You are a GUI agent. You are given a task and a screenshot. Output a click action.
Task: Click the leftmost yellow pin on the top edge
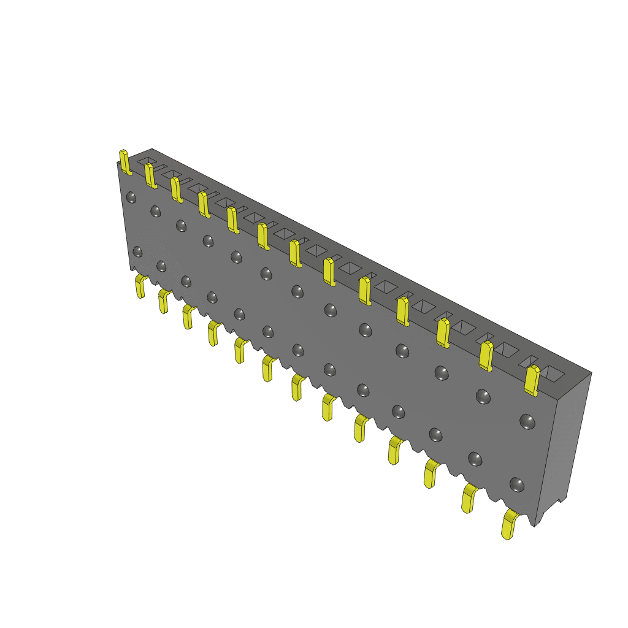[124, 162]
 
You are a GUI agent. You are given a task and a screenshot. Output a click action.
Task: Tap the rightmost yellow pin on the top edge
[532, 381]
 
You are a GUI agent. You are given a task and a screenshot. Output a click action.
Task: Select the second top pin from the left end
[150, 175]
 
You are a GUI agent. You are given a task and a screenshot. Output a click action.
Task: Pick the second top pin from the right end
[486, 356]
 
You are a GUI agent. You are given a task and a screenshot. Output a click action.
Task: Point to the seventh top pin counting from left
[295, 253]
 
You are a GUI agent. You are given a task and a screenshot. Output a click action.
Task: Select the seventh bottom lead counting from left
[297, 388]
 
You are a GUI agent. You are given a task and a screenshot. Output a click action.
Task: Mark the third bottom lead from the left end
[188, 317]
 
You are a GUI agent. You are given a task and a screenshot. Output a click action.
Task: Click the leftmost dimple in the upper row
[131, 197]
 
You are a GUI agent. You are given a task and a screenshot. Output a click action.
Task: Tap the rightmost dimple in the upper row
[527, 421]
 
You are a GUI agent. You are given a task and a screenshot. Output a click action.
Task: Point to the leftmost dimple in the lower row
[137, 251]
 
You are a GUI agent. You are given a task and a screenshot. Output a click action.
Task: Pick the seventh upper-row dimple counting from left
[297, 291]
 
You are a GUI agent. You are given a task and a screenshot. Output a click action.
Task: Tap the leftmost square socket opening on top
[147, 160]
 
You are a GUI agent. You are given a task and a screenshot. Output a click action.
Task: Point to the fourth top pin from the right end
[402, 310]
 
